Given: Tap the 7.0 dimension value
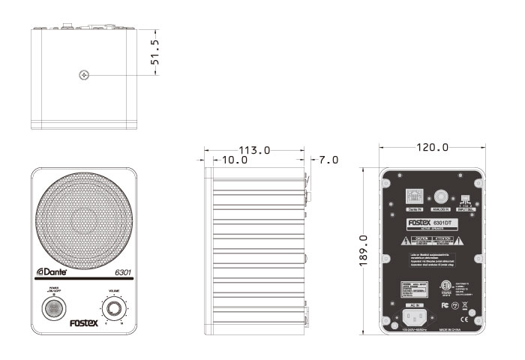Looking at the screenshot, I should [x=328, y=160].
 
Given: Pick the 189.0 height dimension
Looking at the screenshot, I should [x=364, y=250].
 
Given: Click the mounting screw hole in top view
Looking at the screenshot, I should [x=84, y=74].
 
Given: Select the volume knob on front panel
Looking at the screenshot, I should [x=114, y=308].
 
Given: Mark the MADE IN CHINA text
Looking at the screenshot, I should [x=451, y=328].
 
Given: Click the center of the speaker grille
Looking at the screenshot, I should [x=84, y=226].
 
